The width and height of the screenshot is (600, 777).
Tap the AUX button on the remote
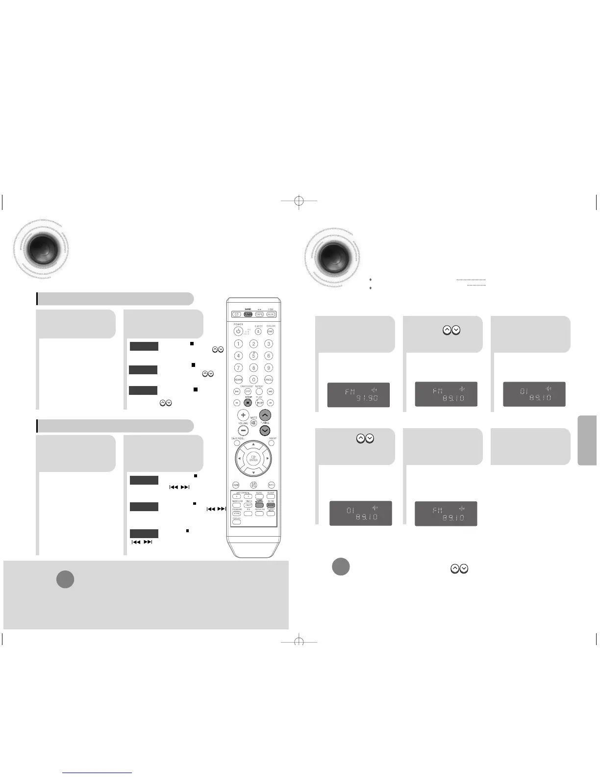point(271,314)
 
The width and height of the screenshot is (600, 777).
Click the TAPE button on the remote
point(259,314)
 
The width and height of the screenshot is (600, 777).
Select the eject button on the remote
point(259,332)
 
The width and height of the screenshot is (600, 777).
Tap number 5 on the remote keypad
point(253,356)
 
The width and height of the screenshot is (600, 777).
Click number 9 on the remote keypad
point(269,367)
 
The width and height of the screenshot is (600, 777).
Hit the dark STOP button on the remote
point(248,402)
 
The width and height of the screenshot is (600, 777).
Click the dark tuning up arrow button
point(265,415)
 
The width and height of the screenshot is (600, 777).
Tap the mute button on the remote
point(254,422)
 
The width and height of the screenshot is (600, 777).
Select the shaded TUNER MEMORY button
point(259,504)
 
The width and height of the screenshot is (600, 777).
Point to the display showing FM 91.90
point(358,394)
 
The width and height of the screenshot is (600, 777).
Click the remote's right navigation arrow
point(267,459)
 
